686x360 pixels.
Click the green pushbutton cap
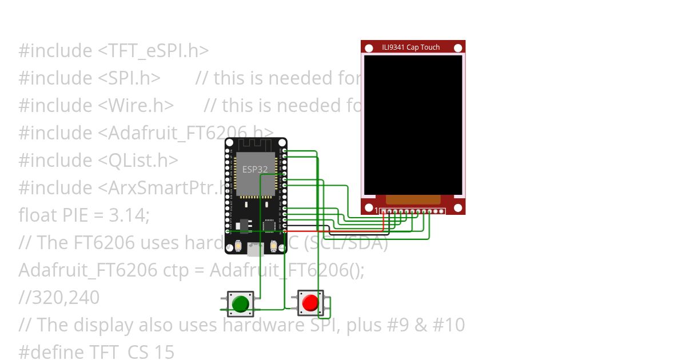tap(241, 303)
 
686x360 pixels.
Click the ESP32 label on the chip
tap(255, 169)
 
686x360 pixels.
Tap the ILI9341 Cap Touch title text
tap(411, 47)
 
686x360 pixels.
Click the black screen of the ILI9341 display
tap(413, 124)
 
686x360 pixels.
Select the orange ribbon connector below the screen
tap(413, 199)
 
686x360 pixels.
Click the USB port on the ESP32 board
tap(256, 249)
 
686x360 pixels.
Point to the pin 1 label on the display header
tap(376, 211)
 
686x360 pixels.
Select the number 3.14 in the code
tap(129, 215)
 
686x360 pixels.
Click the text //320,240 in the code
tap(59, 298)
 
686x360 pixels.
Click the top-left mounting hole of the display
tap(369, 48)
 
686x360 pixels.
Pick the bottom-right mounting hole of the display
tap(458, 209)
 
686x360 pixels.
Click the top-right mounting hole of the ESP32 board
tap(281, 143)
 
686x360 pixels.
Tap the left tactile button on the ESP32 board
tap(238, 247)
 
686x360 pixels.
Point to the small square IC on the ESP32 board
tap(269, 226)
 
